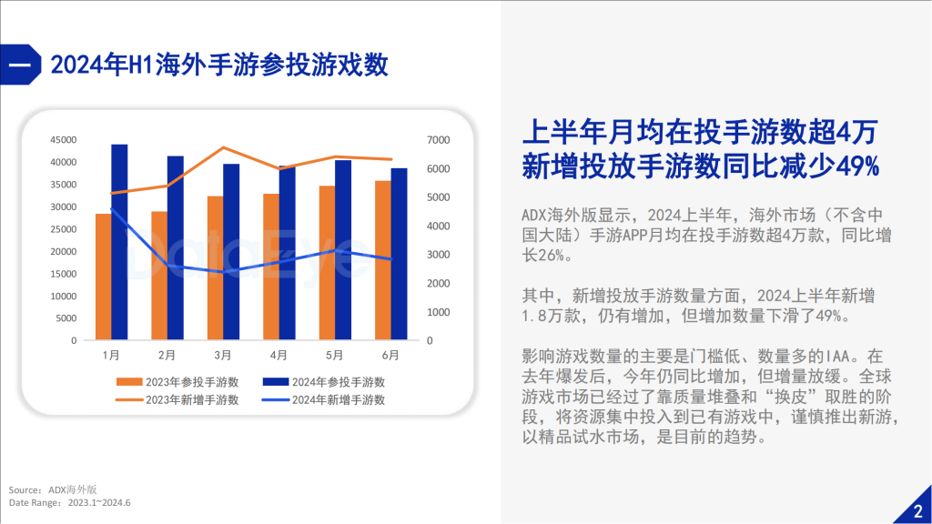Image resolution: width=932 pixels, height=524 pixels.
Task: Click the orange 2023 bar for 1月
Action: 103,277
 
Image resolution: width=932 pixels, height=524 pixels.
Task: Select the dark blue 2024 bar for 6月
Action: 400,254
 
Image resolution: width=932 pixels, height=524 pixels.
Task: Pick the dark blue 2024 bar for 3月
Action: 231,252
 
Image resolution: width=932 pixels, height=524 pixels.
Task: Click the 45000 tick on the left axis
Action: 64,140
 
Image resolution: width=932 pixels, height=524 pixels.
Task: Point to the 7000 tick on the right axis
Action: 439,140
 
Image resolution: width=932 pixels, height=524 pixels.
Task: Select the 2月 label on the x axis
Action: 167,355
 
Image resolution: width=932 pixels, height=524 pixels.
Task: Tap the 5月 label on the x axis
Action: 335,355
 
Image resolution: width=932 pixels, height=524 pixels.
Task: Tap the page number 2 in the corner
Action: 917,510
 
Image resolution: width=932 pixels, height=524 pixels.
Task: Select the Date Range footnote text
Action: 70,502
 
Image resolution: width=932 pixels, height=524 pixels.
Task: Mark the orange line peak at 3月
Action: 224,147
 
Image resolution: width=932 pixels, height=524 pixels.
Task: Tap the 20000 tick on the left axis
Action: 64,251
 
